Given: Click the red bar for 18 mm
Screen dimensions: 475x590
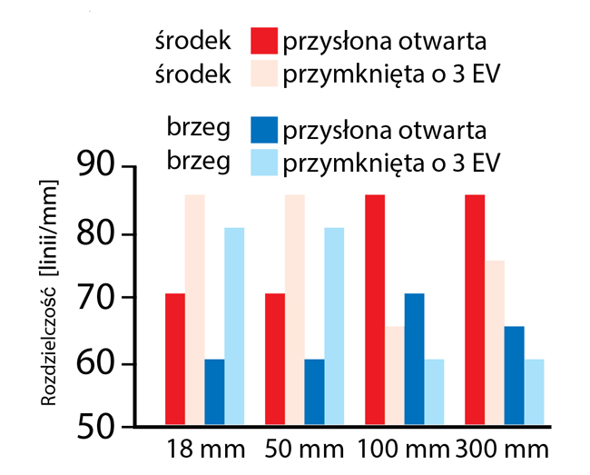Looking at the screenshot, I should pyautogui.click(x=175, y=360).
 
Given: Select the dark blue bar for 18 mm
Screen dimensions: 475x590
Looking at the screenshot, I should pyautogui.click(x=214, y=392).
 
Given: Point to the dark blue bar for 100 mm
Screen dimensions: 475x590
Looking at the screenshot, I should pyautogui.click(x=414, y=360).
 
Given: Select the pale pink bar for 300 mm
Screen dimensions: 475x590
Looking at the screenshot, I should pyautogui.click(x=494, y=343).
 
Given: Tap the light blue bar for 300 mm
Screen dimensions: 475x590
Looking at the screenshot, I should pyautogui.click(x=534, y=392).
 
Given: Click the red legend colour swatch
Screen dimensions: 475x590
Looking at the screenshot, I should pyautogui.click(x=264, y=41).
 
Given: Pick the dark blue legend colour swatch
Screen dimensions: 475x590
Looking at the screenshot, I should pyautogui.click(x=264, y=130).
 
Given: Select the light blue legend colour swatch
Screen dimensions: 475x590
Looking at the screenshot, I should pyautogui.click(x=264, y=163).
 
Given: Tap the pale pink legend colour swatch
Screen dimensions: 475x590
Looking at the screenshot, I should pyautogui.click(x=264, y=74).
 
